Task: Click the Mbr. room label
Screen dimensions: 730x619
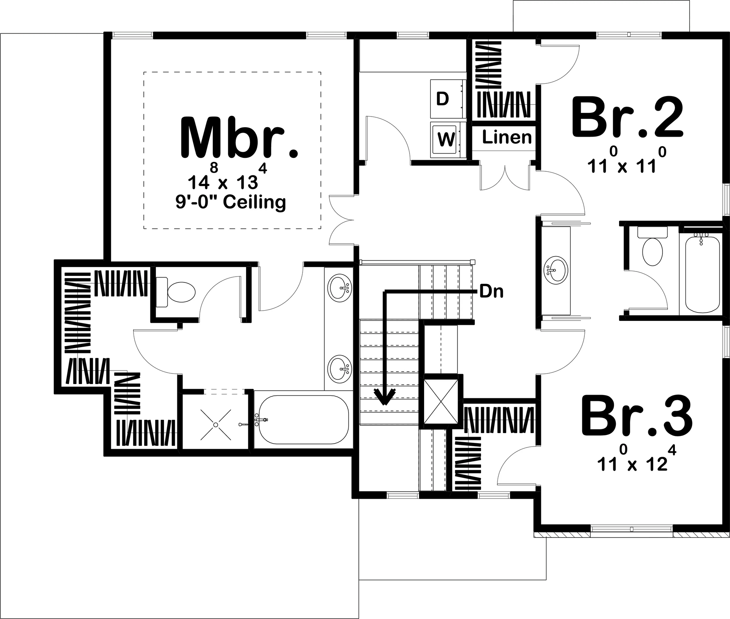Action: coord(239,138)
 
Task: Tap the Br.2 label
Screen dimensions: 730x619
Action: coord(627,117)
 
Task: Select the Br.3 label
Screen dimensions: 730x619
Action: coord(637,415)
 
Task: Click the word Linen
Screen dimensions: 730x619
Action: coord(507,137)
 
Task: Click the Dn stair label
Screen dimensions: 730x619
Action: coord(492,292)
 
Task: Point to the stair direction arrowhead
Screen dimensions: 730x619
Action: coord(384,397)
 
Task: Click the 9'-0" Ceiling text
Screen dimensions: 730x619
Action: coord(231,202)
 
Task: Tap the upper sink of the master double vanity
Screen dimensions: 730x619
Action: coord(340,288)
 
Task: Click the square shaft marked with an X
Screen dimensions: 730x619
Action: coord(441,401)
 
